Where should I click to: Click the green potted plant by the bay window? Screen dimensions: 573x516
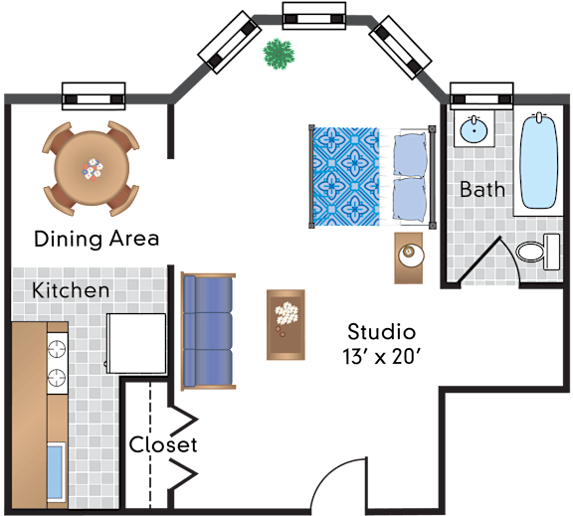[279, 54]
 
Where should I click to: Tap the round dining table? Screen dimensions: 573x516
[92, 168]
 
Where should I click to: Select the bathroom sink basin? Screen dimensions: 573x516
[474, 129]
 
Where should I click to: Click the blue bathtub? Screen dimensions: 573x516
[539, 161]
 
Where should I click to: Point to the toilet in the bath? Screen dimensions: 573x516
[538, 252]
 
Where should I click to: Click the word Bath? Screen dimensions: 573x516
[482, 189]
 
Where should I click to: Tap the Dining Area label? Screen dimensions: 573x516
[96, 239]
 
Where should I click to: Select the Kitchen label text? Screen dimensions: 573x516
[71, 290]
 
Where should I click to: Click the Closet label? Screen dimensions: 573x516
[163, 444]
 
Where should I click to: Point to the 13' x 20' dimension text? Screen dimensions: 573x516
[382, 356]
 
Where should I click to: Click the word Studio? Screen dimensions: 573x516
[382, 332]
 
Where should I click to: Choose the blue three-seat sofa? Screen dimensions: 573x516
[208, 331]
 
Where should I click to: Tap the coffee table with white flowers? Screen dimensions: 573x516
[286, 325]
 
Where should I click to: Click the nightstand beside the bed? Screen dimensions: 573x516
[409, 258]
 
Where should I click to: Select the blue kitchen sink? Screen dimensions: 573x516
[56, 472]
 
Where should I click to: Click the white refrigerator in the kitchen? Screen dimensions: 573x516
[136, 343]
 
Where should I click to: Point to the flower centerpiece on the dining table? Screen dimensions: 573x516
[93, 169]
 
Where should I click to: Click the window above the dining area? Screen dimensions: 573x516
[94, 96]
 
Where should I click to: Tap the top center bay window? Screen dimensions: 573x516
[314, 16]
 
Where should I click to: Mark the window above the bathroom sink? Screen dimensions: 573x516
[481, 96]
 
